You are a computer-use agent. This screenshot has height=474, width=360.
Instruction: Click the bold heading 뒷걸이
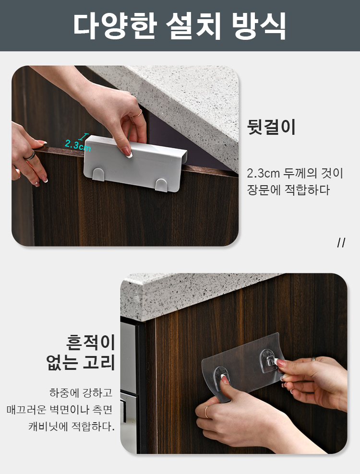tap(271, 127)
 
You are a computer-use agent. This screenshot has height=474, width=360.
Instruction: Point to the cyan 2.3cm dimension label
tap(78, 145)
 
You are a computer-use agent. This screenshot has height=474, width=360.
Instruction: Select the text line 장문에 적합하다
tap(288, 190)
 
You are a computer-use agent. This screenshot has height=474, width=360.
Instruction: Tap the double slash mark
tap(341, 243)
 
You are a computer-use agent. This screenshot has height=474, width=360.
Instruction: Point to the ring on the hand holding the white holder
tap(140, 113)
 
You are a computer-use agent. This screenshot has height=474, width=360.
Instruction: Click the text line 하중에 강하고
tap(81, 393)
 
